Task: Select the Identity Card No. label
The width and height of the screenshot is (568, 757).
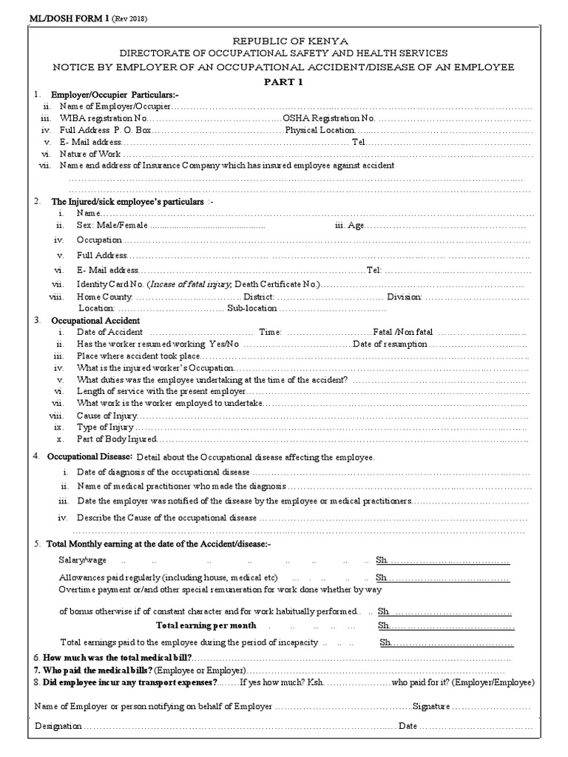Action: click(x=109, y=285)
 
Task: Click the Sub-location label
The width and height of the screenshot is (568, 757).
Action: click(x=251, y=308)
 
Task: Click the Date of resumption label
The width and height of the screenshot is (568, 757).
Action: click(x=390, y=344)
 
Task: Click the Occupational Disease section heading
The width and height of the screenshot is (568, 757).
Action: click(x=91, y=457)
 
